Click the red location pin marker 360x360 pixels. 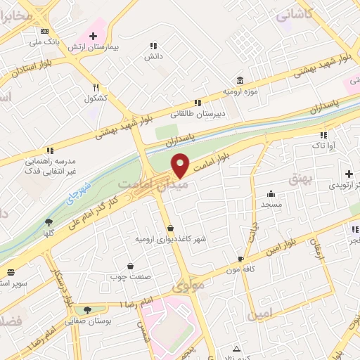181,164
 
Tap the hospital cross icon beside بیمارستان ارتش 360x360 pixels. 93,35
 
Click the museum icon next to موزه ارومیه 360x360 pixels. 240,81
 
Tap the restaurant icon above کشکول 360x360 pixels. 96,87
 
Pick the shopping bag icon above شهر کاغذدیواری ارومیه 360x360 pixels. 172,228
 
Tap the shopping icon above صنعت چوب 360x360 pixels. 131,266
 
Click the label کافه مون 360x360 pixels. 240,269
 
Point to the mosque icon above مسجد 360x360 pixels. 271,194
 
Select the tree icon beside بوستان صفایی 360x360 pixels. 87,310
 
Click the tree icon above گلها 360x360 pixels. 49,222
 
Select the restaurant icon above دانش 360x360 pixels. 153,45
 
